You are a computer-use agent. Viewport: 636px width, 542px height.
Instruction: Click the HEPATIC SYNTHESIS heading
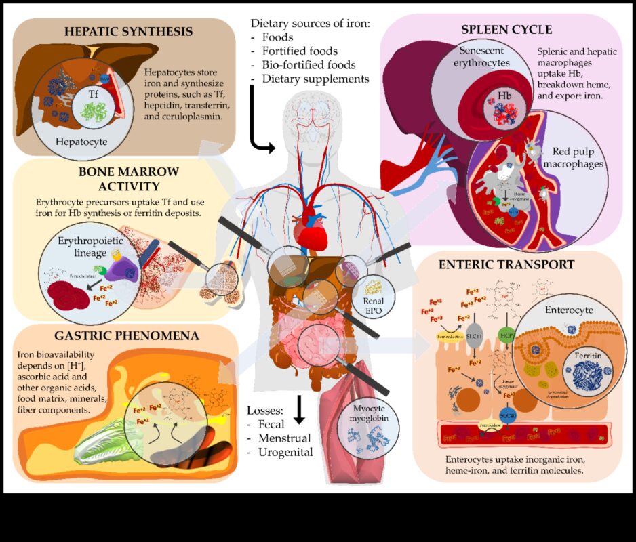coord(128,32)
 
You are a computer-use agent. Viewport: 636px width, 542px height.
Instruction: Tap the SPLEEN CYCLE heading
coord(506,30)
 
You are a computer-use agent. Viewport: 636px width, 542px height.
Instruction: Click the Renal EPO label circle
coord(374,291)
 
